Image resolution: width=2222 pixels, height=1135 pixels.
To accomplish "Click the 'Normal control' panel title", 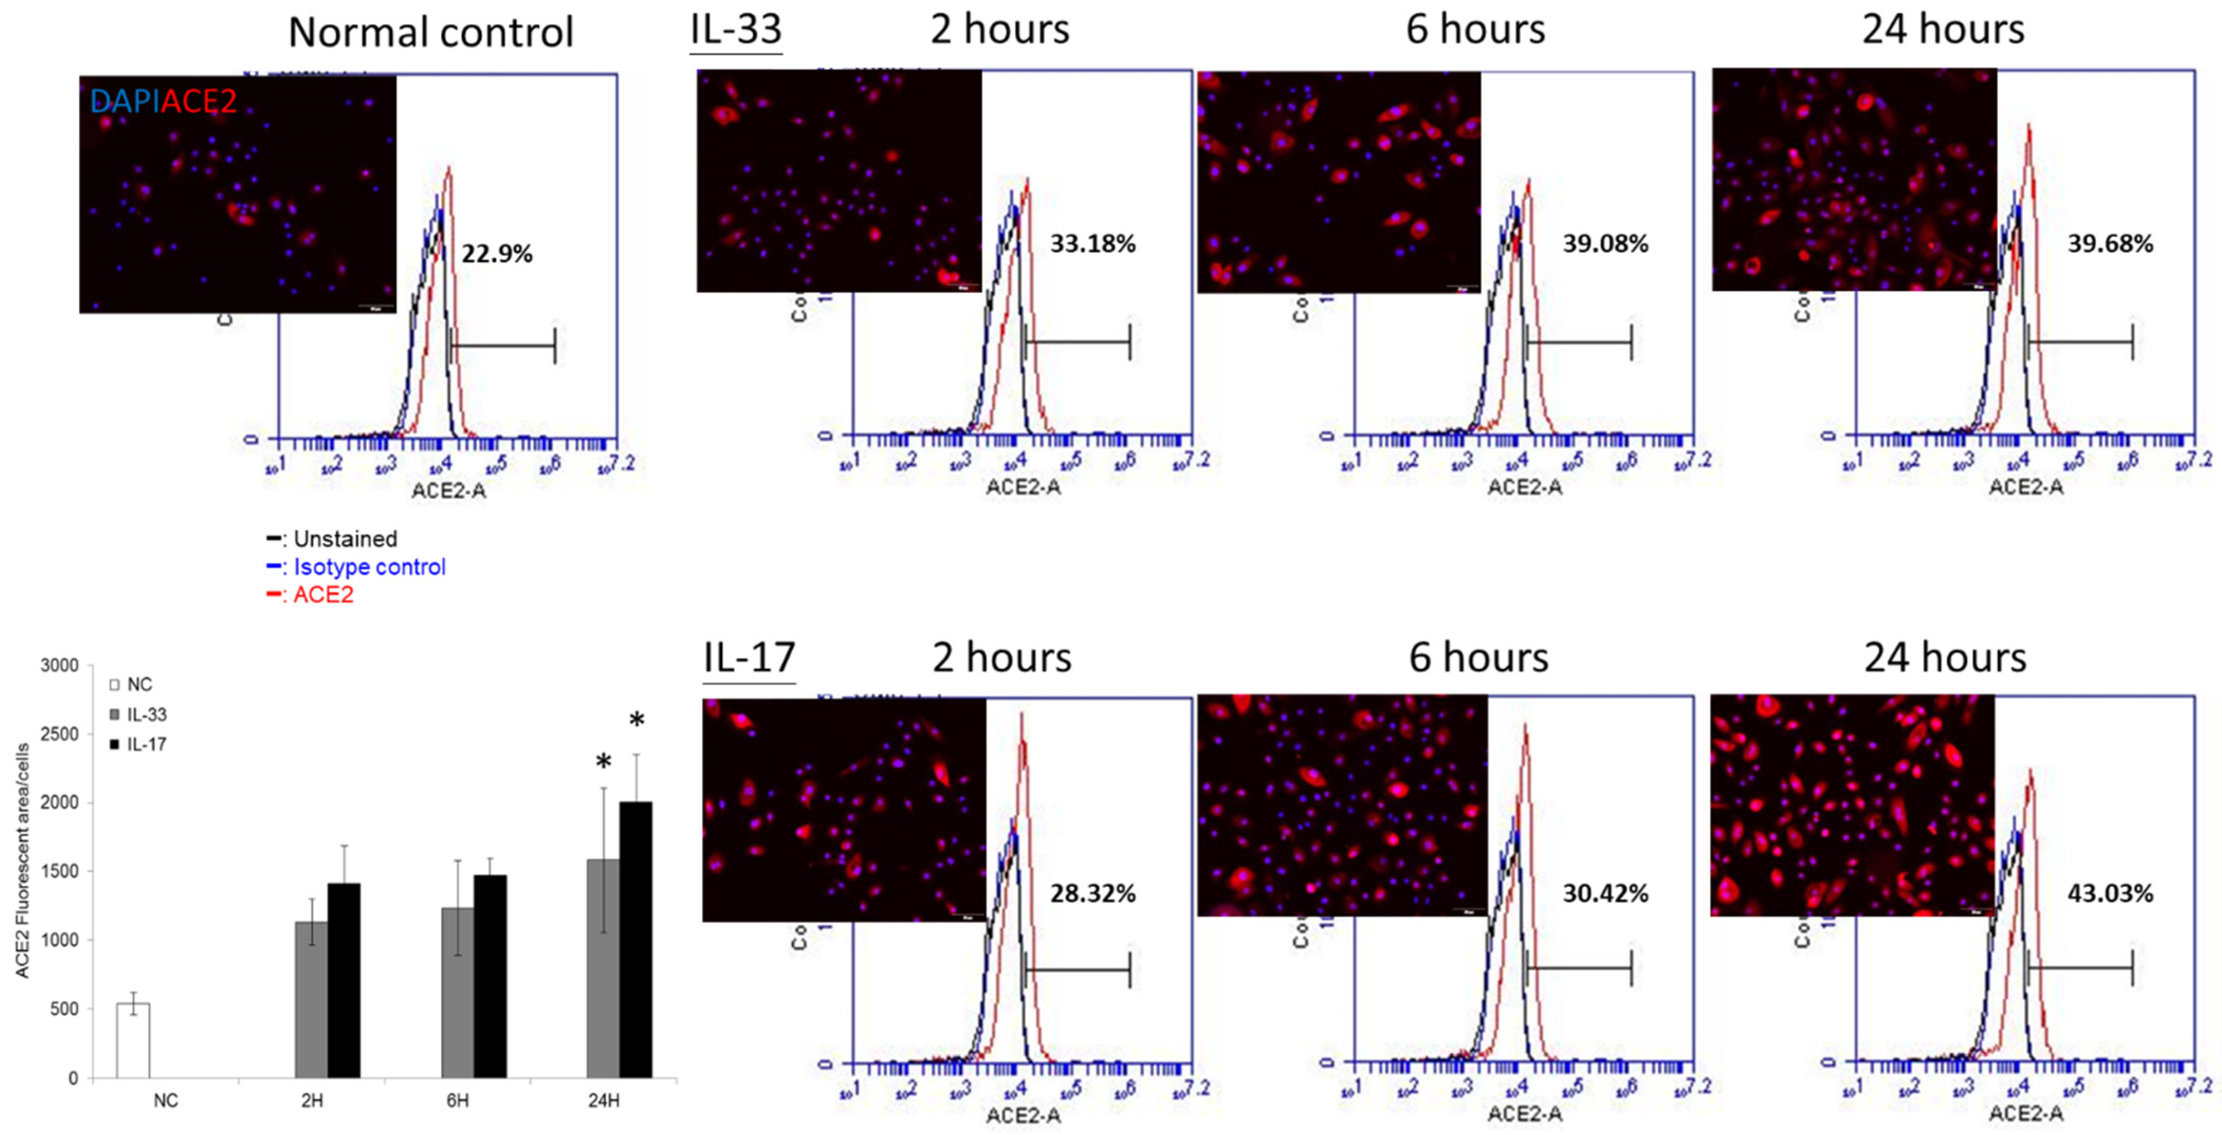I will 430,33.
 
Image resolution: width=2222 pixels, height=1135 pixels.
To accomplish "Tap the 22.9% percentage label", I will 497,254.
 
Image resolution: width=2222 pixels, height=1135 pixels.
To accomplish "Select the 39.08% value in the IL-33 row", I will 1605,244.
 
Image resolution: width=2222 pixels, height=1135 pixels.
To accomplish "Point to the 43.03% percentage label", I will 2110,893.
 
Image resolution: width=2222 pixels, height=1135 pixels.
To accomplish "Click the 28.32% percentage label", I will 1092,893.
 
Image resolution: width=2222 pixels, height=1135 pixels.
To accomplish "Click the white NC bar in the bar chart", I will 134,1040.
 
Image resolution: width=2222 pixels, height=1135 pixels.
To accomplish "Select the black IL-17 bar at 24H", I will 635,940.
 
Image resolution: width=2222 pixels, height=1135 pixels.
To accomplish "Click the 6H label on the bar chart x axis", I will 457,1101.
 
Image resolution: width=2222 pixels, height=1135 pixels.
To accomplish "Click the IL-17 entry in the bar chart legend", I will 146,744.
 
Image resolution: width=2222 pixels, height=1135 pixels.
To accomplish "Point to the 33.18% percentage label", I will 1092,244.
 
